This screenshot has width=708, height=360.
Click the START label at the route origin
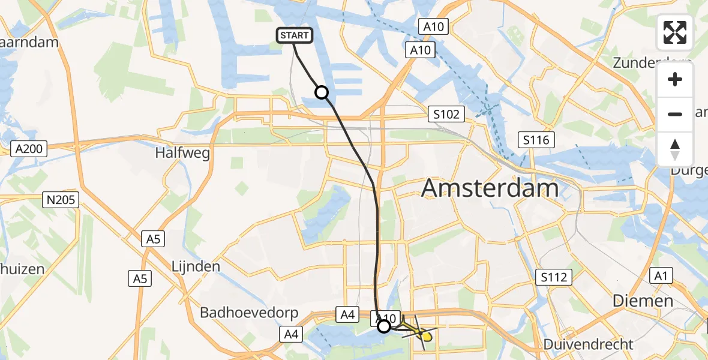tap(294, 36)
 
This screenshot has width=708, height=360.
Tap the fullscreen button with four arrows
tap(675, 32)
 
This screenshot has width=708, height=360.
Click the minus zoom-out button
tap(675, 114)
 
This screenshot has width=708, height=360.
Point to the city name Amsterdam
tap(490, 188)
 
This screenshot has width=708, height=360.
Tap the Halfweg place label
tap(182, 154)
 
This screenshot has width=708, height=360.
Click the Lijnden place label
tap(196, 266)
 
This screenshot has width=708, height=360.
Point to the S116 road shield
tap(536, 140)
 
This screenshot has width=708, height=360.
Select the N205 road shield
tap(62, 200)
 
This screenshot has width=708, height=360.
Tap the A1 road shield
tap(661, 275)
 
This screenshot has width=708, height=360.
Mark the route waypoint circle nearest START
tap(322, 92)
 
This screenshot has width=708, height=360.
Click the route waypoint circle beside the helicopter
tap(384, 326)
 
